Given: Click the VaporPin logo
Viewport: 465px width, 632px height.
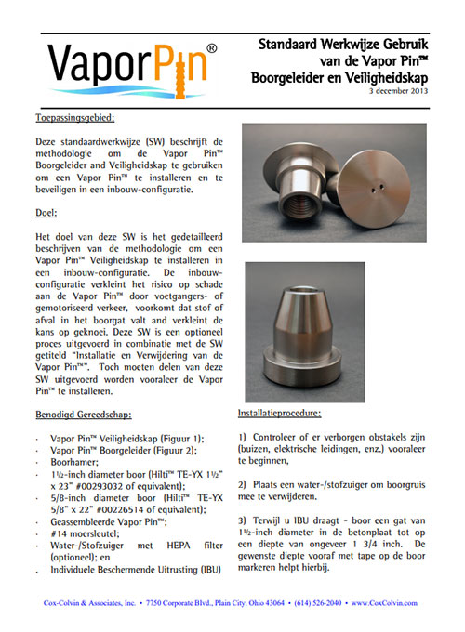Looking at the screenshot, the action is click(x=132, y=69).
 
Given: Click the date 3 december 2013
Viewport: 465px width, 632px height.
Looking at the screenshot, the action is click(x=398, y=91).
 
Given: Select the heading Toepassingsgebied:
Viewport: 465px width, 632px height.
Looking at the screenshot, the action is click(x=75, y=118).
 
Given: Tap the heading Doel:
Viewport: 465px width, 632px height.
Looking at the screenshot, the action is click(x=46, y=213).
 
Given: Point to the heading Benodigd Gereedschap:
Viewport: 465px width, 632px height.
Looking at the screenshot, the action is click(x=84, y=415).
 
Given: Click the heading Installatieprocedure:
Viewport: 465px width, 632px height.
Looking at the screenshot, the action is click(x=280, y=414).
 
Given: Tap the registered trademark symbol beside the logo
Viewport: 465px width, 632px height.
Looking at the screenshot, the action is click(x=212, y=48).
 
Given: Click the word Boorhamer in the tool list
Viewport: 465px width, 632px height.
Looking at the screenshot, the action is click(x=73, y=462).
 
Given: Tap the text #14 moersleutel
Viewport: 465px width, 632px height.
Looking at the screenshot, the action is click(x=85, y=534).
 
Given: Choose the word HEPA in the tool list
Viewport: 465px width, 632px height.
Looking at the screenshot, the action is click(x=178, y=546).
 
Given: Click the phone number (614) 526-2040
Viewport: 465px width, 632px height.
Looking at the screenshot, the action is click(x=317, y=603).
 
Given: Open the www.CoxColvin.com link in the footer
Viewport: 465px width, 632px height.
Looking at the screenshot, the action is click(x=384, y=603).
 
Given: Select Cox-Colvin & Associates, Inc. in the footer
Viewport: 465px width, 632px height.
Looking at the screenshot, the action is click(x=89, y=603).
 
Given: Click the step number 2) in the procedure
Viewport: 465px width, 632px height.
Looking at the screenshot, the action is click(x=242, y=484).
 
